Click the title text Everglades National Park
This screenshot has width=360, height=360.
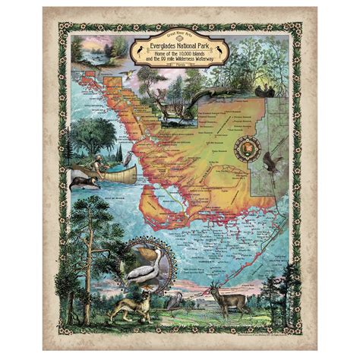[180, 47]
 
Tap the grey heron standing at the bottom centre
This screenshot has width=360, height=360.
[174, 303]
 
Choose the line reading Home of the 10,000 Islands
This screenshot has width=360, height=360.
[180, 57]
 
